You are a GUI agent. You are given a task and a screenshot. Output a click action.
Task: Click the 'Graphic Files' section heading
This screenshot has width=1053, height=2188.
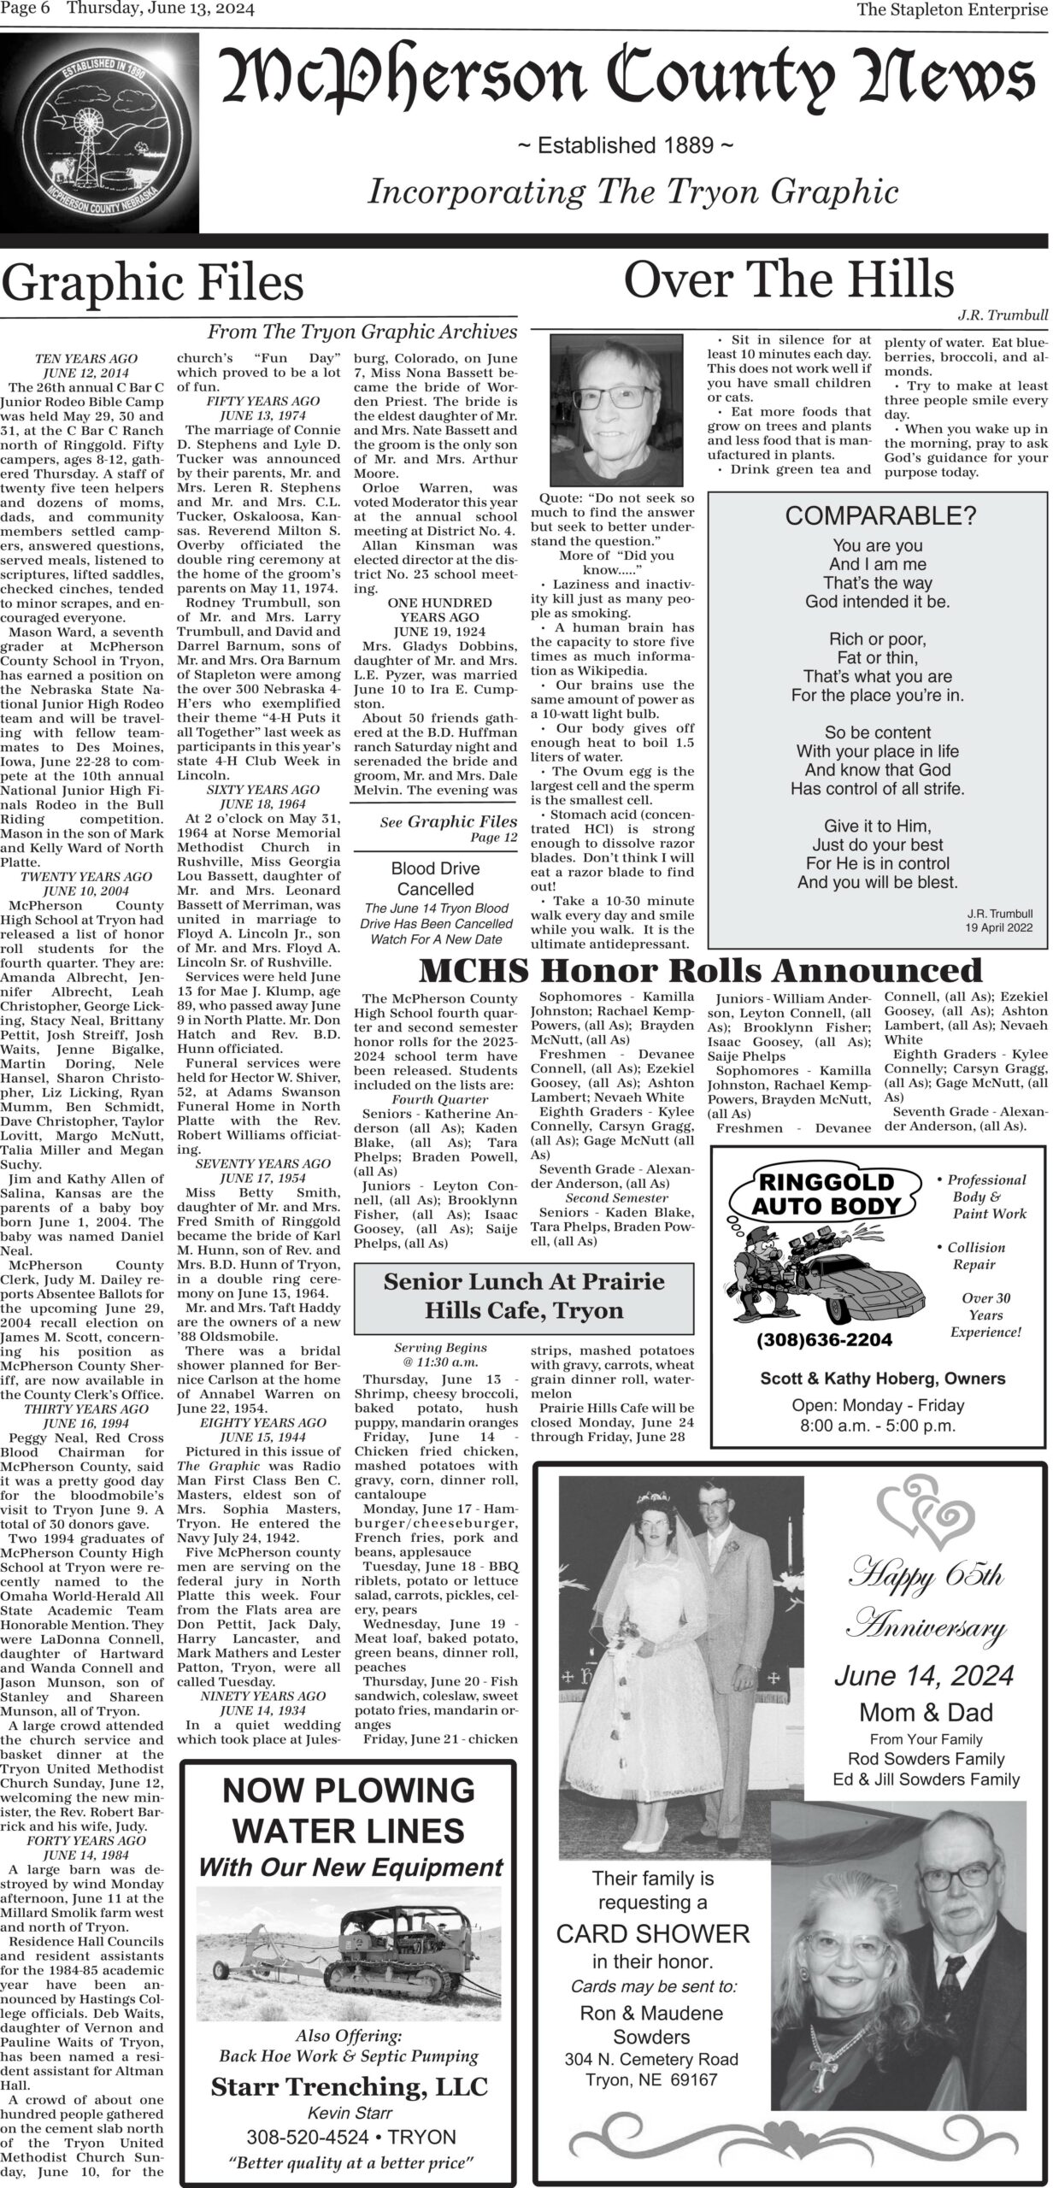pyautogui.click(x=153, y=283)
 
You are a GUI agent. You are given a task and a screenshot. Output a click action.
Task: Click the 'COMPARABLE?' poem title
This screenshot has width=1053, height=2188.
pyautogui.click(x=879, y=516)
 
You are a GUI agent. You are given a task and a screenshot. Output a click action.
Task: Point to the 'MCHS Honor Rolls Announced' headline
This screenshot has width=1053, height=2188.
pyautogui.click(x=701, y=971)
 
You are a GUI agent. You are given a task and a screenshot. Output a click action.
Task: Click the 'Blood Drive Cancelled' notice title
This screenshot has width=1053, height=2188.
pyautogui.click(x=435, y=879)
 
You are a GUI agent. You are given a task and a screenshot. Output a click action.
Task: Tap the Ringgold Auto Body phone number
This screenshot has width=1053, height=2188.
pyautogui.click(x=824, y=1339)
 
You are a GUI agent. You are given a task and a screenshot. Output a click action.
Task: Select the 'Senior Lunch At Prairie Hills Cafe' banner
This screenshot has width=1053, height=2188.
pyautogui.click(x=523, y=1295)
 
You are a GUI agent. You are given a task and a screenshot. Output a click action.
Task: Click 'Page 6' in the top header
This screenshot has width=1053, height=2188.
pyautogui.click(x=28, y=10)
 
